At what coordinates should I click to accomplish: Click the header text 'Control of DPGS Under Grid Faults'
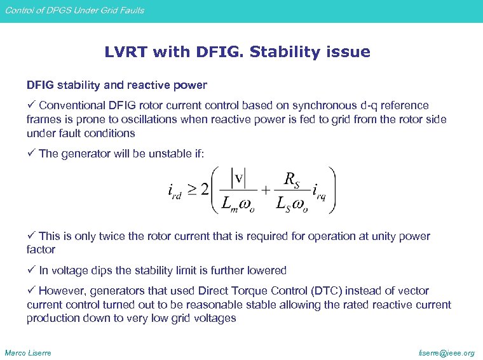click(74, 10)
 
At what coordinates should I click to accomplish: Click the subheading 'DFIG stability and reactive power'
click(116, 85)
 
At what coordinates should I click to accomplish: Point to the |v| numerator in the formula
click(239, 178)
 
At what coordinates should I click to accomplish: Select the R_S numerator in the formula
click(292, 180)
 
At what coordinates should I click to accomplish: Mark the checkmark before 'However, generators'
click(31, 291)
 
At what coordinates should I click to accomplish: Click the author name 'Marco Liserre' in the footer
click(28, 352)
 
